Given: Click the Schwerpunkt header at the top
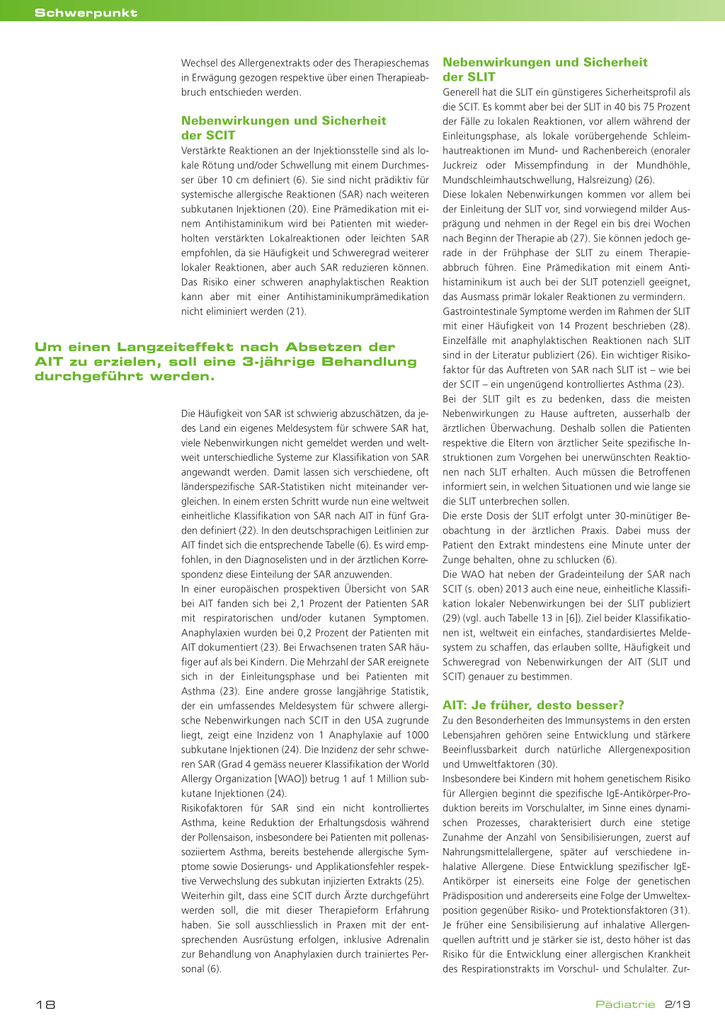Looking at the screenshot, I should (x=86, y=13).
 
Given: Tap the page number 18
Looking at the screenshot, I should (x=45, y=1004).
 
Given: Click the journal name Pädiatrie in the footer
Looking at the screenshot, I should (x=625, y=1004).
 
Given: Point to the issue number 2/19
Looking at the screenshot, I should (x=678, y=1004).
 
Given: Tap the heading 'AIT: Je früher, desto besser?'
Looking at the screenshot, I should (x=533, y=705).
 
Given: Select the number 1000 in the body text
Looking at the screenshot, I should (x=417, y=735).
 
